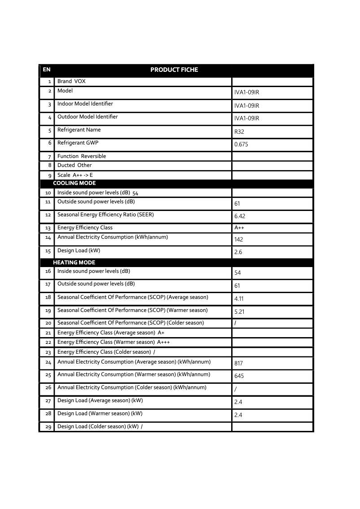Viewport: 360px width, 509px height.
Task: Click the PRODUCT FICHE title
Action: [174, 70]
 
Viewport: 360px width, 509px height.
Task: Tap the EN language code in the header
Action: [46, 70]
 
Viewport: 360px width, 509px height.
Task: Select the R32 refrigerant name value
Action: [239, 132]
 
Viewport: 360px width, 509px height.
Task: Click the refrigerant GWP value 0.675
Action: [241, 145]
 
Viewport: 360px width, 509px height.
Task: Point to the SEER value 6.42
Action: [240, 216]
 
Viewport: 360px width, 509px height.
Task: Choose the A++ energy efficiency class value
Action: [239, 228]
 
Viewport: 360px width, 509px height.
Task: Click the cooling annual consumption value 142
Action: [238, 240]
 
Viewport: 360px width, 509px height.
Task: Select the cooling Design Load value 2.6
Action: [238, 252]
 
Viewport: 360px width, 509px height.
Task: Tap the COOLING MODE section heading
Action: [74, 183]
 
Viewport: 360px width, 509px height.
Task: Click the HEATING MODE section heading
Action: [74, 263]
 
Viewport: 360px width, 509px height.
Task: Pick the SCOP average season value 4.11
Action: [239, 299]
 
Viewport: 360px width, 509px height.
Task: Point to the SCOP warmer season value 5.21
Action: [239, 312]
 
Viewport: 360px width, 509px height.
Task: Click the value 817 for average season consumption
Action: [238, 363]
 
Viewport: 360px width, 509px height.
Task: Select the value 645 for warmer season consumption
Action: [239, 376]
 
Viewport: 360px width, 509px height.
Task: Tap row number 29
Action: [48, 427]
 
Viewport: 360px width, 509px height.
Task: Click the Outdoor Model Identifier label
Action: [88, 117]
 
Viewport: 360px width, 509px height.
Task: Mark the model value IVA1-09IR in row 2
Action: [246, 92]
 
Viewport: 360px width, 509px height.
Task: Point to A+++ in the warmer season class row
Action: [163, 342]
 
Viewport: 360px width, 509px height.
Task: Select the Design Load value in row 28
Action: [238, 415]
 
